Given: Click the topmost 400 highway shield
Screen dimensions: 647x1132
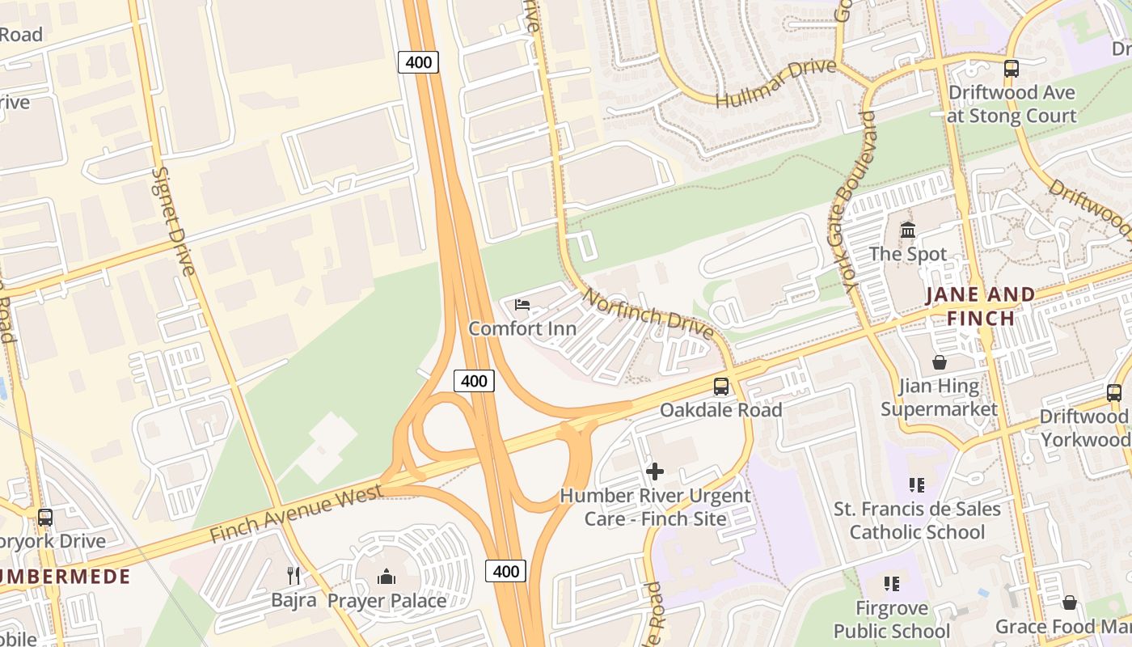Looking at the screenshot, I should click(x=418, y=62).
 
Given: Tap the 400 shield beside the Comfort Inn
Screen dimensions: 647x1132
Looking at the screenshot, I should click(x=474, y=381).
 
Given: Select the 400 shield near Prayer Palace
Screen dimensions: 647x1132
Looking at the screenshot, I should click(x=505, y=572).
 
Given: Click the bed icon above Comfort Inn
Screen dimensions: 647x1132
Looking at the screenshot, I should click(x=522, y=305).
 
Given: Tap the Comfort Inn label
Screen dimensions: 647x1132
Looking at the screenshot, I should click(x=522, y=328).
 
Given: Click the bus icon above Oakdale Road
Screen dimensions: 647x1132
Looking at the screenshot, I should click(x=720, y=387).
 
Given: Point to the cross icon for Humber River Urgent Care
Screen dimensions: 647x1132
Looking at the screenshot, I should click(x=655, y=471).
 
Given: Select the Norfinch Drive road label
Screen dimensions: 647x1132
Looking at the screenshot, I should click(x=648, y=315).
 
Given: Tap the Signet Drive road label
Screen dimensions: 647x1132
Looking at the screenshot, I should click(x=174, y=221).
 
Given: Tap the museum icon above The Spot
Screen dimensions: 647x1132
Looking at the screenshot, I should click(x=908, y=230).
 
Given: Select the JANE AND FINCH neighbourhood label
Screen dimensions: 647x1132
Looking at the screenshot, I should click(x=980, y=307).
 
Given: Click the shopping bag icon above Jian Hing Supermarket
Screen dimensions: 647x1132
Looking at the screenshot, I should click(x=940, y=362).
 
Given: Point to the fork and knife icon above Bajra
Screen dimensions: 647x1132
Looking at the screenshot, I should click(x=294, y=576).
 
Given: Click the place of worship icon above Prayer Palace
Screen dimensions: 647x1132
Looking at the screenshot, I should click(x=386, y=577).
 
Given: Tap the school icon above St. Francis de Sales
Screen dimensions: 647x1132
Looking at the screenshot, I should click(x=916, y=485).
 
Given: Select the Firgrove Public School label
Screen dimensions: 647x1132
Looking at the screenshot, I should click(x=892, y=619).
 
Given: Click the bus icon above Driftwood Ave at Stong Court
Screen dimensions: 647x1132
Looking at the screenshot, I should click(x=1012, y=69).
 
